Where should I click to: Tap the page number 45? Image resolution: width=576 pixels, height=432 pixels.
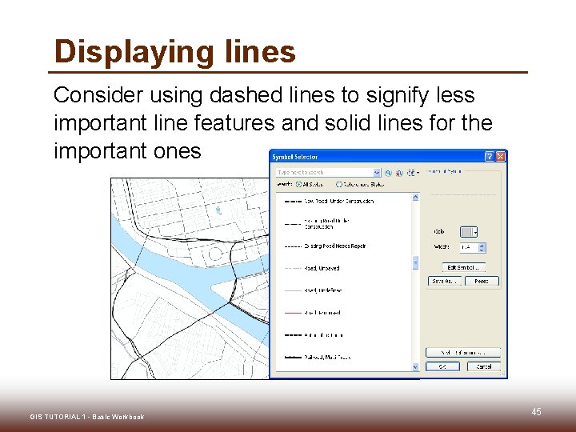point(536,412)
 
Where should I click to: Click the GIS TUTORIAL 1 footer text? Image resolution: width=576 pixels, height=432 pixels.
point(86,417)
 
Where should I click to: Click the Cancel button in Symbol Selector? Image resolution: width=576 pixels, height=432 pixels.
point(484,366)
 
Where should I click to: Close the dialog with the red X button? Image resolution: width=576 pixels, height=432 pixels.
point(501,157)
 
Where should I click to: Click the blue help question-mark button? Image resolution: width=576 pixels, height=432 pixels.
point(490,157)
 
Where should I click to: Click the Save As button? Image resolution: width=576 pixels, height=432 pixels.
point(446,281)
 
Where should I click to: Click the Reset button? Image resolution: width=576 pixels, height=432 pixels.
point(482,281)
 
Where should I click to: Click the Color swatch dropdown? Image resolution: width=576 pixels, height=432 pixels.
point(469,232)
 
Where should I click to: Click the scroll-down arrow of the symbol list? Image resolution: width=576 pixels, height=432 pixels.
point(415,367)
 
